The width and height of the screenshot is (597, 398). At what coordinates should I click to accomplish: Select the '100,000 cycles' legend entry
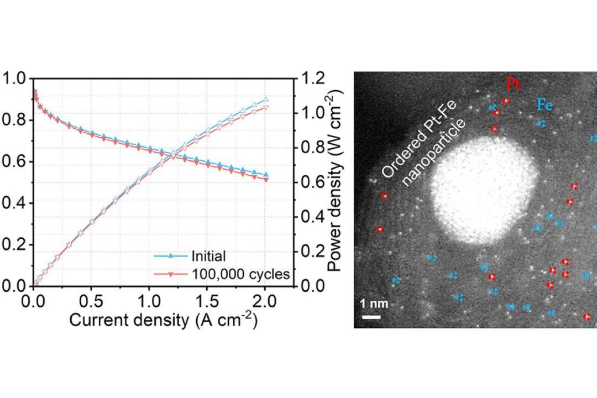click(x=240, y=273)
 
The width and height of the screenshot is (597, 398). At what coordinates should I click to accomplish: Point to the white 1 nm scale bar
click(x=371, y=317)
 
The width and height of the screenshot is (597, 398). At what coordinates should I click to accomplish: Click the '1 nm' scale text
click(x=370, y=304)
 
